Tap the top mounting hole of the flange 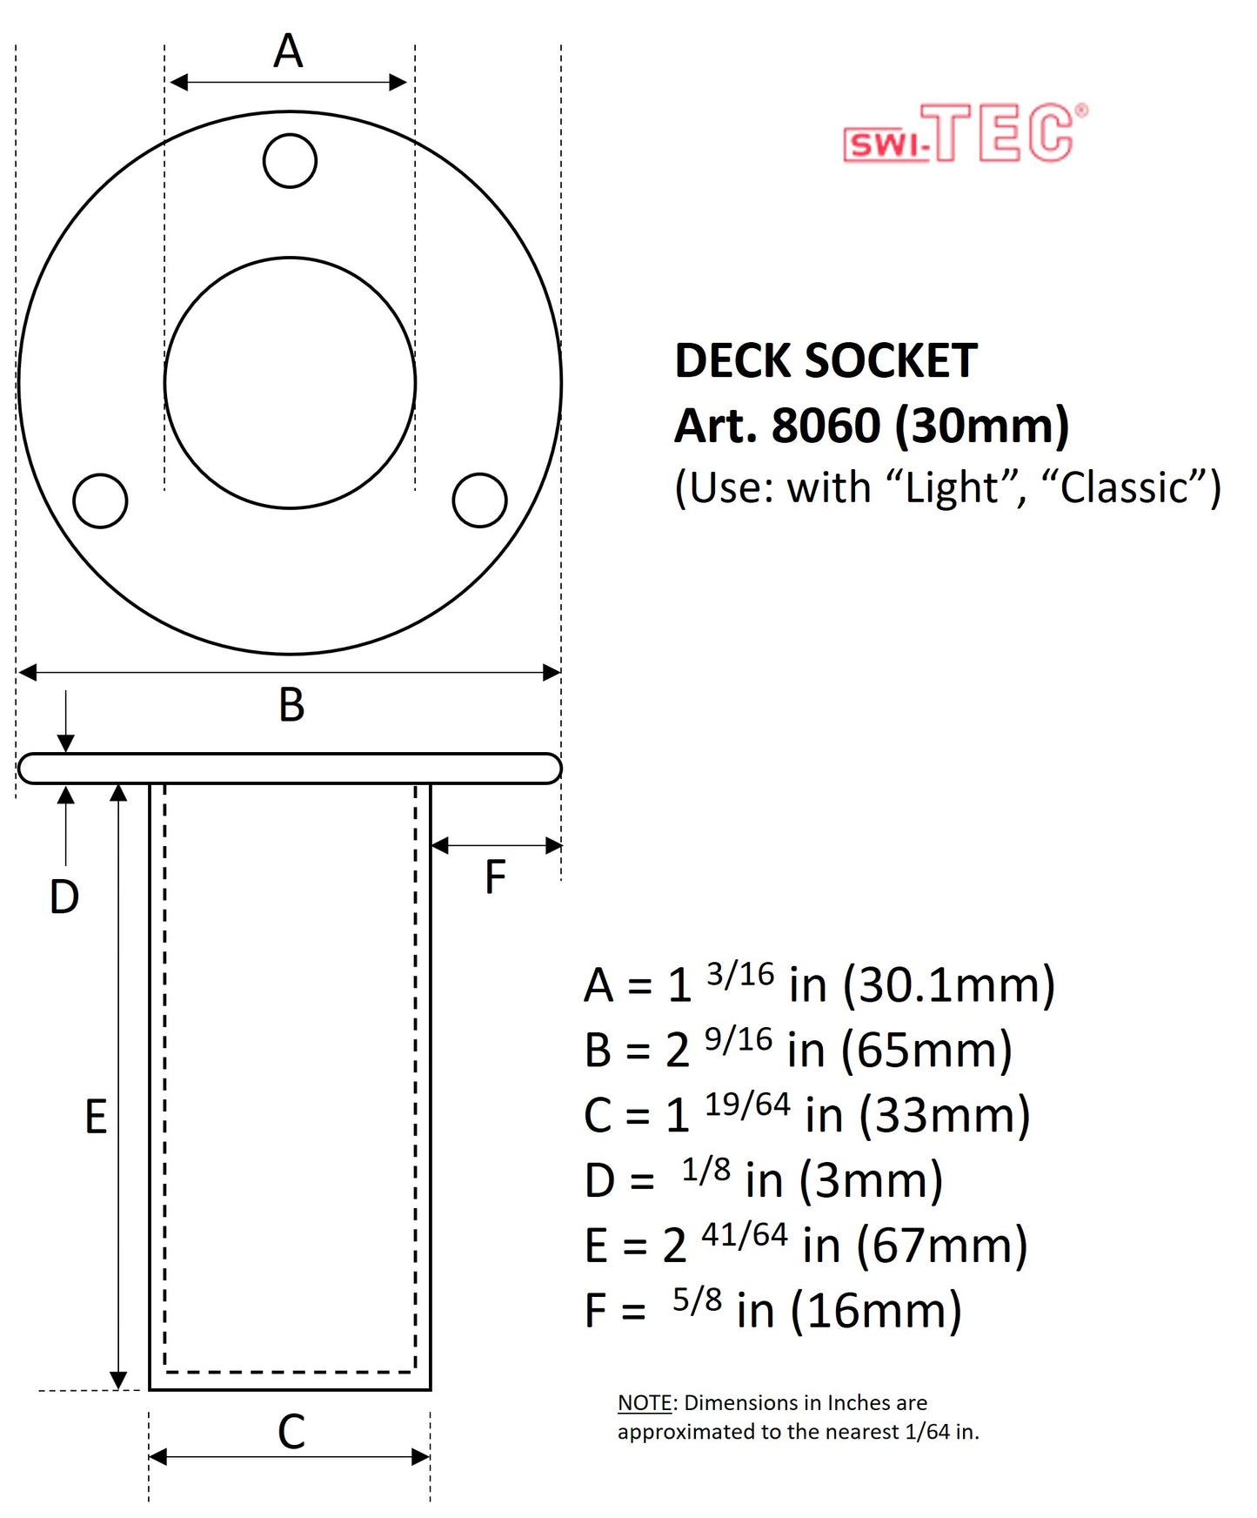(x=290, y=161)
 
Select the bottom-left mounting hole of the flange (x=101, y=500)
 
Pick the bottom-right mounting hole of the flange (x=479, y=500)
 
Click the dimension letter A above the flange (x=288, y=51)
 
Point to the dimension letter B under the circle (x=291, y=705)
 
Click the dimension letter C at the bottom (x=291, y=1432)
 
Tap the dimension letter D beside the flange (x=64, y=897)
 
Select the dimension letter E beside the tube (x=96, y=1117)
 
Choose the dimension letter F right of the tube (x=495, y=877)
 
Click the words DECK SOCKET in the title (x=826, y=360)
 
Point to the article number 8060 (x=826, y=426)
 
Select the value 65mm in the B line (x=926, y=1050)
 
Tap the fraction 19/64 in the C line (x=747, y=1105)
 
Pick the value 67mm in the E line (x=941, y=1246)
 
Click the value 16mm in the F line (x=876, y=1311)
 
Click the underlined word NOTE (x=645, y=1403)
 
